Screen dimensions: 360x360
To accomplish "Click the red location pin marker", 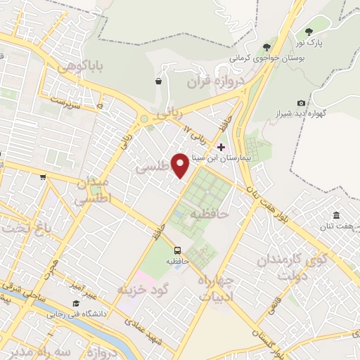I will pyautogui.click(x=180, y=165).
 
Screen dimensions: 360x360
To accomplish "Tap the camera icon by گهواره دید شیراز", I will pyautogui.click(x=302, y=103).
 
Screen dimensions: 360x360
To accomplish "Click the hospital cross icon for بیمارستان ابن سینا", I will pyautogui.click(x=221, y=147).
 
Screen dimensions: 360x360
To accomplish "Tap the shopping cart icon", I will pyautogui.click(x=43, y=177).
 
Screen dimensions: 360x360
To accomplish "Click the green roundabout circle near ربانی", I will pyautogui.click(x=145, y=120).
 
